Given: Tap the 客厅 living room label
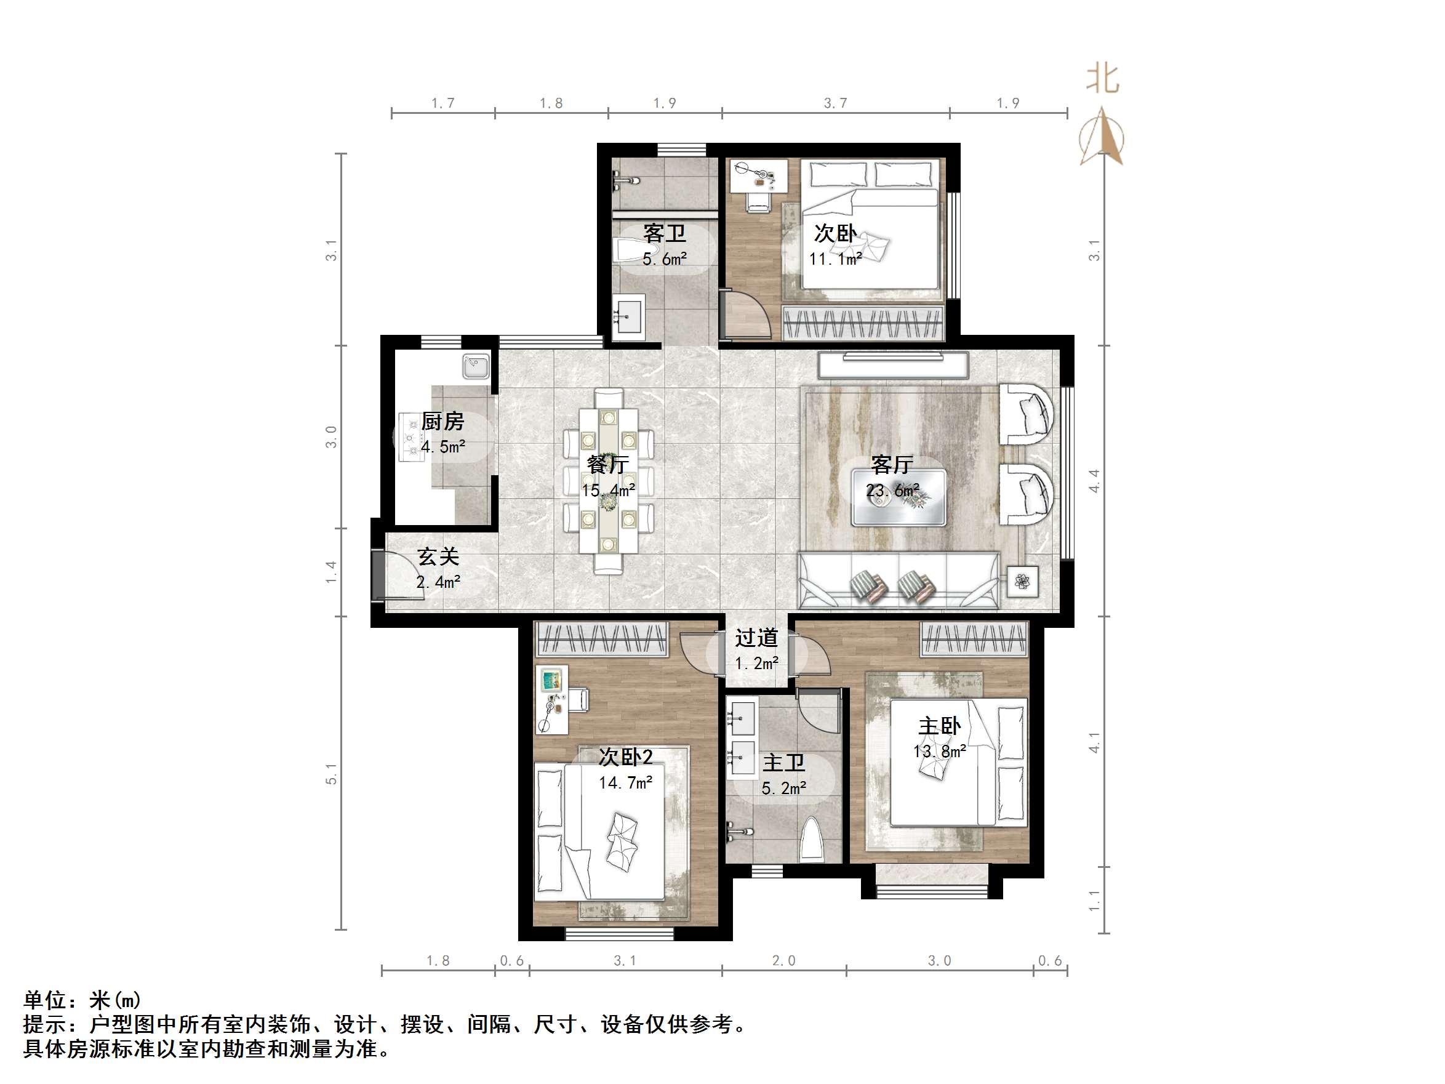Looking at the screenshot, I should (892, 465).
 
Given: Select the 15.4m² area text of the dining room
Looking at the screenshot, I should (608, 490).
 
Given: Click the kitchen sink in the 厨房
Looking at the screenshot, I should (476, 366).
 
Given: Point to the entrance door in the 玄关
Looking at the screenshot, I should (378, 575).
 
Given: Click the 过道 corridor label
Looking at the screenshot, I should (756, 638).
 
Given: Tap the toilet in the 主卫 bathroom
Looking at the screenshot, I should (812, 839).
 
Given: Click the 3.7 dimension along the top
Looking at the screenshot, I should (835, 103).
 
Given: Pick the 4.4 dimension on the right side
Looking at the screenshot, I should (1094, 481).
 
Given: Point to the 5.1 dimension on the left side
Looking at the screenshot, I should (332, 774).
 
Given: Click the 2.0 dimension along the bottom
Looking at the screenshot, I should (783, 960).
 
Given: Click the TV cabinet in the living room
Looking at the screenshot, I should (892, 364).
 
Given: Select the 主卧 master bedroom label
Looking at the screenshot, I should (939, 726).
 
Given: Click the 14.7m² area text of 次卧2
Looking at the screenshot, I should (626, 783).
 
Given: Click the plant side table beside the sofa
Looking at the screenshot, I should (1022, 580).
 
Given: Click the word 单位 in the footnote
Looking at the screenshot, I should (44, 1000).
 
